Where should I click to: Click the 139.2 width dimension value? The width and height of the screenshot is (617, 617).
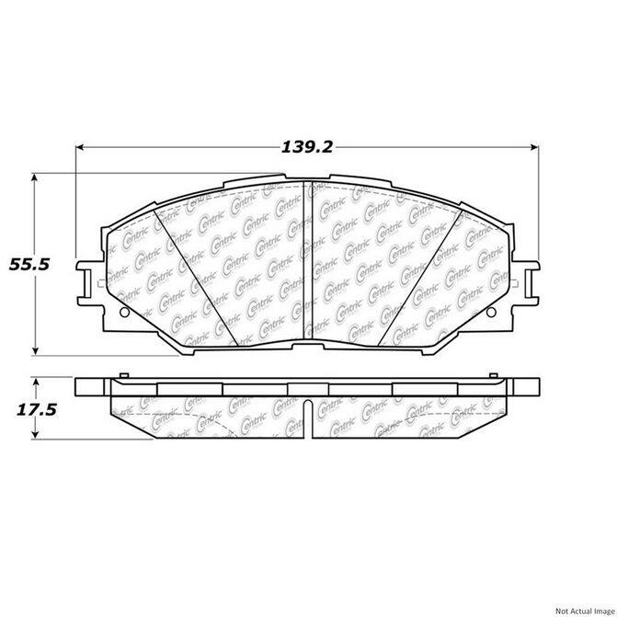(307, 147)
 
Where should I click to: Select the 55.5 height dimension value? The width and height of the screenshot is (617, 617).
(29, 265)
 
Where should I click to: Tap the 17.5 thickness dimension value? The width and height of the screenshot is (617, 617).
(36, 410)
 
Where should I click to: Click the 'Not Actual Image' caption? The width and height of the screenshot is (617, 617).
(586, 611)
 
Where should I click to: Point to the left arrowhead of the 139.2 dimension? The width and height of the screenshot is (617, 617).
(80, 147)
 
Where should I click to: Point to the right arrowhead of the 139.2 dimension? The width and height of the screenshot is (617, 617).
(534, 147)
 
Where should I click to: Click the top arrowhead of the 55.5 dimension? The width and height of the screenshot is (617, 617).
(35, 177)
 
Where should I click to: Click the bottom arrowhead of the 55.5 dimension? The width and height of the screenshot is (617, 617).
(35, 350)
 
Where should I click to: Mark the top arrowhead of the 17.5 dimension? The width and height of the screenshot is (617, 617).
(36, 383)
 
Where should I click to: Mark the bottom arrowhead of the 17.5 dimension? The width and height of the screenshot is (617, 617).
(36, 434)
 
